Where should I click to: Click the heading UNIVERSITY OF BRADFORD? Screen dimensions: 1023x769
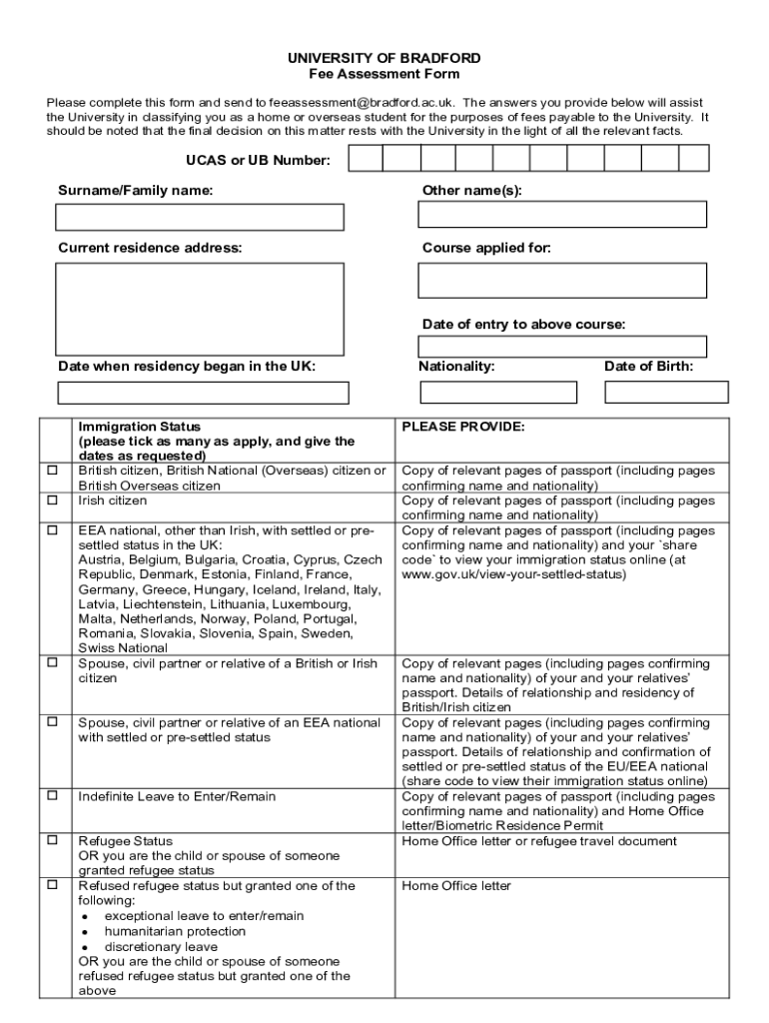coord(384,58)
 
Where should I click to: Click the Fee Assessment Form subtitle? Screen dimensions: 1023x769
coord(384,74)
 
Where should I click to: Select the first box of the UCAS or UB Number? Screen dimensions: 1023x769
coord(366,159)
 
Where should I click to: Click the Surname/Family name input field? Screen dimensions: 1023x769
coord(200,217)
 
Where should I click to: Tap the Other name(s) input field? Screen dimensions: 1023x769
coord(561,215)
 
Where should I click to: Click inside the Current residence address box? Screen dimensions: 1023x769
coord(200,308)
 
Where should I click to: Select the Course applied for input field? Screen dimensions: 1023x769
coord(561,281)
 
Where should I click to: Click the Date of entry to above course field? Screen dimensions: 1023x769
coord(561,347)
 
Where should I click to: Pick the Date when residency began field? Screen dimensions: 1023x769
coord(203,393)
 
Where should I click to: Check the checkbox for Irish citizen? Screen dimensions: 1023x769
coord(52,501)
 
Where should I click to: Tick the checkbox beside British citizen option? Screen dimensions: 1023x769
coord(52,471)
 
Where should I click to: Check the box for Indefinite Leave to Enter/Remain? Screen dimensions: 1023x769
coord(52,797)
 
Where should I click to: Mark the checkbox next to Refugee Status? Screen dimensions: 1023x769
coord(52,841)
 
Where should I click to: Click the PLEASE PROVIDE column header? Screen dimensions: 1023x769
coord(462,427)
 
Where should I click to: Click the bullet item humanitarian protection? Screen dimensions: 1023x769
coord(161,931)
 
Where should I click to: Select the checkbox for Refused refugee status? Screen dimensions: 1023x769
coord(52,886)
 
